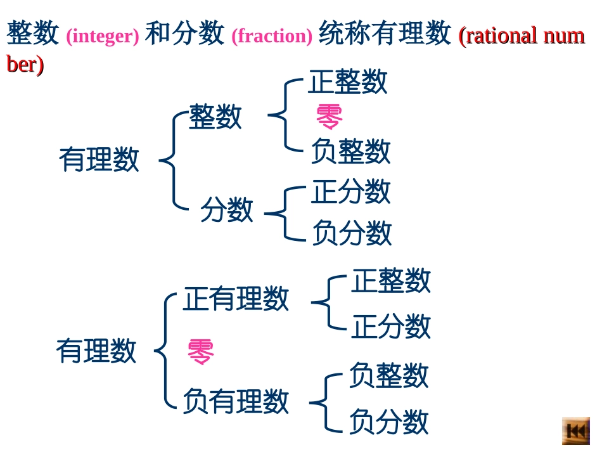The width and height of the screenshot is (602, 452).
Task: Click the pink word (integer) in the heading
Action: [x=102, y=36]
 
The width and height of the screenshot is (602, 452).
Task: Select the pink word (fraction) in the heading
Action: [x=272, y=36]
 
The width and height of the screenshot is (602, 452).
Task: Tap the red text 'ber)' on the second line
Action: [x=25, y=64]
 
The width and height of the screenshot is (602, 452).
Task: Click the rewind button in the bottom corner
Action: [x=575, y=431]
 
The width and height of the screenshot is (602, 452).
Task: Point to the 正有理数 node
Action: [x=236, y=298]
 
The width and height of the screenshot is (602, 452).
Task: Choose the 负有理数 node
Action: [x=236, y=401]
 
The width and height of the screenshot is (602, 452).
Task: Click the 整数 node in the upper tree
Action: [x=215, y=117]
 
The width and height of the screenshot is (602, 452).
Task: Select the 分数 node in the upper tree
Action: [x=227, y=209]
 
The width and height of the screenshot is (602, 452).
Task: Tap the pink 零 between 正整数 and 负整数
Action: [x=329, y=117]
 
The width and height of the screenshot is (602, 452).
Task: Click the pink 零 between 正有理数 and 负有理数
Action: [x=200, y=352]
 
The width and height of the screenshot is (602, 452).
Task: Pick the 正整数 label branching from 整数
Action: [x=348, y=82]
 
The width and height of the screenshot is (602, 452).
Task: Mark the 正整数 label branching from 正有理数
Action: [x=391, y=280]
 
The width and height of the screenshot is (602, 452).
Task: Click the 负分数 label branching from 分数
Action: [x=352, y=233]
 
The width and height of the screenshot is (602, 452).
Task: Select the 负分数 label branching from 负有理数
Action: [x=388, y=422]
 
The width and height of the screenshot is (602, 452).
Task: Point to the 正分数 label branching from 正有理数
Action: [x=391, y=326]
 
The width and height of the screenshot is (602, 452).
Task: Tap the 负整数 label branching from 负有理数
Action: [x=388, y=375]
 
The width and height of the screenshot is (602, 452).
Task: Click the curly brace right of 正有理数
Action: [x=329, y=303]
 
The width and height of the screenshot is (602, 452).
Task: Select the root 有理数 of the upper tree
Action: [x=99, y=159]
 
